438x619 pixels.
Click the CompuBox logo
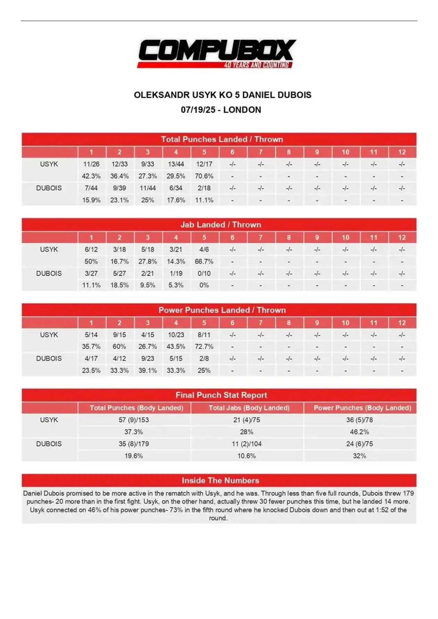(217, 53)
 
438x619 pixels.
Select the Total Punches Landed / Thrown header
(222, 139)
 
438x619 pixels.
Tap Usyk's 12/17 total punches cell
(204, 164)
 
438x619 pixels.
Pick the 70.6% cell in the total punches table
(204, 176)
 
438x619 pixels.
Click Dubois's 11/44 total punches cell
(148, 188)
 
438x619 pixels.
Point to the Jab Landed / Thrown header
(220, 225)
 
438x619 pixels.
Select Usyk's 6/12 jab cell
(91, 250)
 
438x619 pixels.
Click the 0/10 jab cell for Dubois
(204, 274)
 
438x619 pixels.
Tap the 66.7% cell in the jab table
(204, 262)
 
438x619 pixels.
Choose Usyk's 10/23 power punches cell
(176, 335)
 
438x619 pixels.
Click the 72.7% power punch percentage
(204, 347)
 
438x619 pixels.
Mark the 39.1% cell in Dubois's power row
(148, 371)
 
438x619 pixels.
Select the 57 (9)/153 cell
(134, 420)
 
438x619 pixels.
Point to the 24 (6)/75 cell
(359, 444)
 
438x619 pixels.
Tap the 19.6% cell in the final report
(134, 456)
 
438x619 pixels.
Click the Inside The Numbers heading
(220, 481)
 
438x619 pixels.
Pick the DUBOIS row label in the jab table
(49, 274)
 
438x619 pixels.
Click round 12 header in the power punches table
(402, 323)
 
